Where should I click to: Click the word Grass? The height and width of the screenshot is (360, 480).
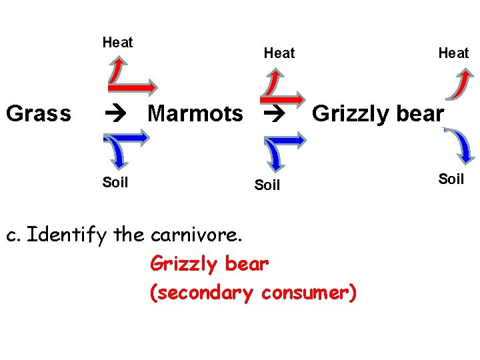click(38, 114)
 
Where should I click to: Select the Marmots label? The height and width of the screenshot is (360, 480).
click(195, 114)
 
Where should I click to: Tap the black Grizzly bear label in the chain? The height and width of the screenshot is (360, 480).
click(377, 114)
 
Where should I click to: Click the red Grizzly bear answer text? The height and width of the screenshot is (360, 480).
click(209, 264)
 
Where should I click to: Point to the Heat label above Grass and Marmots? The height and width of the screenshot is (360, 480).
click(117, 43)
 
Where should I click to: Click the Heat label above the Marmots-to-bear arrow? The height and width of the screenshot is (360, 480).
click(279, 53)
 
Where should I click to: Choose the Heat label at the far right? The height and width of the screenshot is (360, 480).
click(453, 53)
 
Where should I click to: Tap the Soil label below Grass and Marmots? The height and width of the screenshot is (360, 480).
click(115, 182)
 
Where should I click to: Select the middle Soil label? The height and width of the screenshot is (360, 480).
click(267, 185)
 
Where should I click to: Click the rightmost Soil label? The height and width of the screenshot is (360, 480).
click(451, 179)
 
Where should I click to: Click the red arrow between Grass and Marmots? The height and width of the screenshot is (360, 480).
click(133, 85)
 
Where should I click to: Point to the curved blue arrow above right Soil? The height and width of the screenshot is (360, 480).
click(461, 146)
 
